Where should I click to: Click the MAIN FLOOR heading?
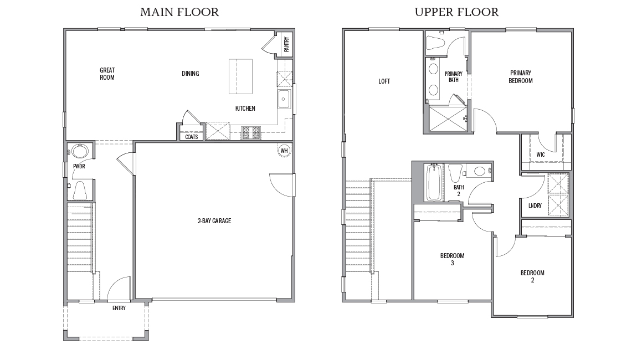pyautogui.click(x=179, y=12)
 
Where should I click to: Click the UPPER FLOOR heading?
pyautogui.click(x=456, y=12)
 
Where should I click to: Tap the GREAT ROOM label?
pyautogui.click(x=107, y=74)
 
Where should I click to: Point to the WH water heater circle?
pyautogui.click(x=284, y=151)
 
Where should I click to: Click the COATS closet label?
pyautogui.click(x=192, y=136)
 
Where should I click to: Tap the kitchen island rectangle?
pyautogui.click(x=240, y=76)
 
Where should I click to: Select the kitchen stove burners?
pyautogui.click(x=250, y=133)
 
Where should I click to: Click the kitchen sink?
pyautogui.click(x=284, y=101)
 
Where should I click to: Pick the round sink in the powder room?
pyautogui.click(x=77, y=152)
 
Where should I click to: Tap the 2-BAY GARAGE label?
pyautogui.click(x=214, y=221)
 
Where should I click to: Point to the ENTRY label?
pyautogui.click(x=119, y=308)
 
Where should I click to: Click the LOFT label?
pyautogui.click(x=384, y=81)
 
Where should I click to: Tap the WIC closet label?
pyautogui.click(x=541, y=155)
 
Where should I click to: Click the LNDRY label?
pyautogui.click(x=535, y=205)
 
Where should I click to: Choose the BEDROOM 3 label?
pyautogui.click(x=452, y=259)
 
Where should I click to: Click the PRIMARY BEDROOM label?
pyautogui.click(x=521, y=76)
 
